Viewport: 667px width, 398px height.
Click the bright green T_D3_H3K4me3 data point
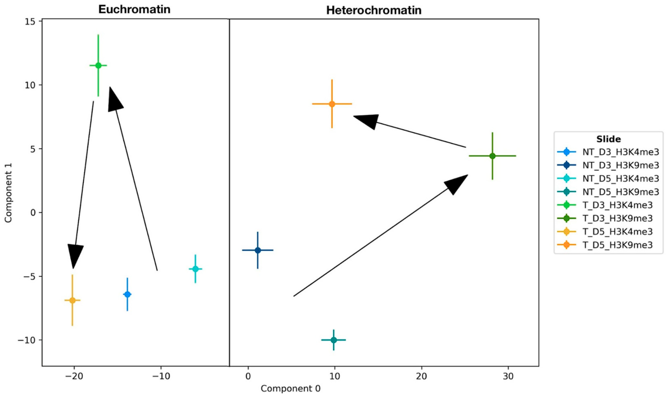(98, 65)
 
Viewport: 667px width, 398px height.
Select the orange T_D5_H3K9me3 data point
(332, 104)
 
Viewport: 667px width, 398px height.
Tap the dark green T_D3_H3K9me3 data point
(492, 156)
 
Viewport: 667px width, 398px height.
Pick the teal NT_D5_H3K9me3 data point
(333, 340)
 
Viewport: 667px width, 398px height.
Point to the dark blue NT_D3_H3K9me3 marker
(258, 250)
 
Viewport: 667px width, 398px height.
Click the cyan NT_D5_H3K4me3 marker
(195, 269)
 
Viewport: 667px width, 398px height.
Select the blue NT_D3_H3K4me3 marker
(127, 294)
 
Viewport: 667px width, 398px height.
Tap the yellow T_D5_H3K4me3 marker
(72, 300)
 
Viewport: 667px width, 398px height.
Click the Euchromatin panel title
(134, 10)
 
